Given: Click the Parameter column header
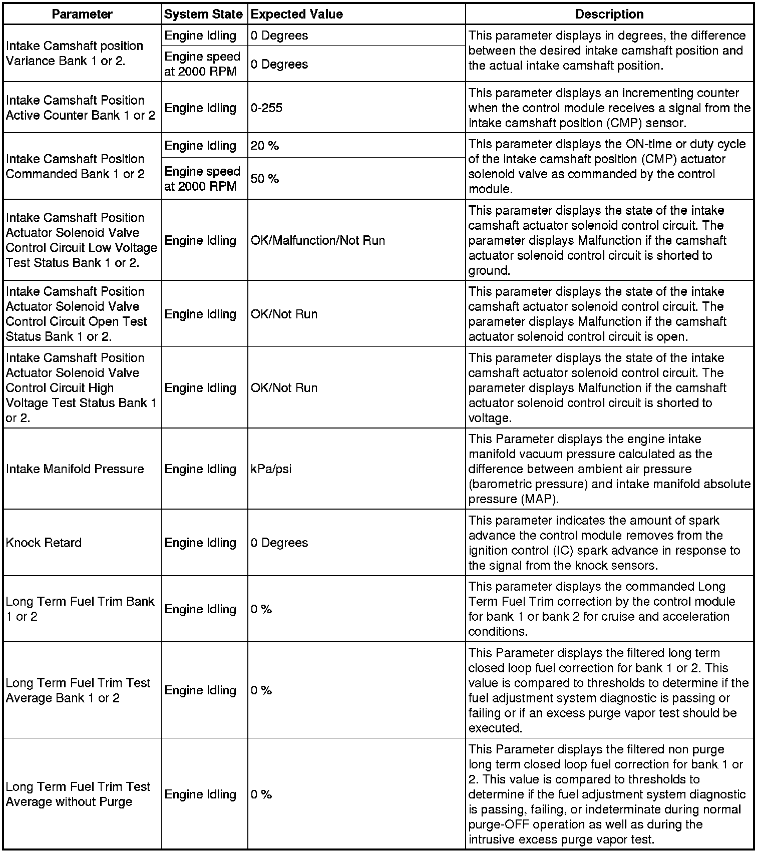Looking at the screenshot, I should click(x=82, y=14).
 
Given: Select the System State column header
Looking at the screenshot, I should click(x=203, y=14).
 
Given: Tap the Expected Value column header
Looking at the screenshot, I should click(x=297, y=14).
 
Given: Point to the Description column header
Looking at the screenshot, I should click(x=609, y=14).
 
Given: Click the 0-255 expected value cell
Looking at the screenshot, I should click(x=267, y=108).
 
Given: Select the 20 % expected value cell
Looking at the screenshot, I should click(x=265, y=146).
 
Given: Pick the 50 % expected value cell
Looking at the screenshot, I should click(x=265, y=179).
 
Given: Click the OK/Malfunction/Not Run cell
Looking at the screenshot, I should click(x=318, y=240).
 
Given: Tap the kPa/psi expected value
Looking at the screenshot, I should click(x=271, y=469).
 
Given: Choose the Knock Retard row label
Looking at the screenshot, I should click(x=44, y=543).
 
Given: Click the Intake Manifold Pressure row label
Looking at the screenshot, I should click(x=75, y=469).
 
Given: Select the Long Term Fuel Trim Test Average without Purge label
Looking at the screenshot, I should click(x=78, y=794).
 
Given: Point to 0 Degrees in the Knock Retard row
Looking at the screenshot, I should click(x=279, y=543).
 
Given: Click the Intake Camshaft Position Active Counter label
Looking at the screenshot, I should click(x=81, y=108).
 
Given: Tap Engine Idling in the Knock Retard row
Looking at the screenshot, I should click(x=200, y=543).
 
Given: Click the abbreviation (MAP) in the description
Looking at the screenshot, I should click(x=539, y=499).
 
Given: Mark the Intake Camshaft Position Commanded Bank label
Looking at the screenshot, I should click(x=75, y=166).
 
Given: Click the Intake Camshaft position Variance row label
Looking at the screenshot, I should click(x=75, y=53).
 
